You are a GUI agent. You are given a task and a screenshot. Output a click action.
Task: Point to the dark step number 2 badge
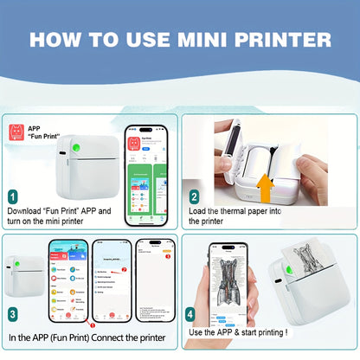click(x=194, y=196)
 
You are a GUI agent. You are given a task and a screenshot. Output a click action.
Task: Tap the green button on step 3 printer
click(x=18, y=260)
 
